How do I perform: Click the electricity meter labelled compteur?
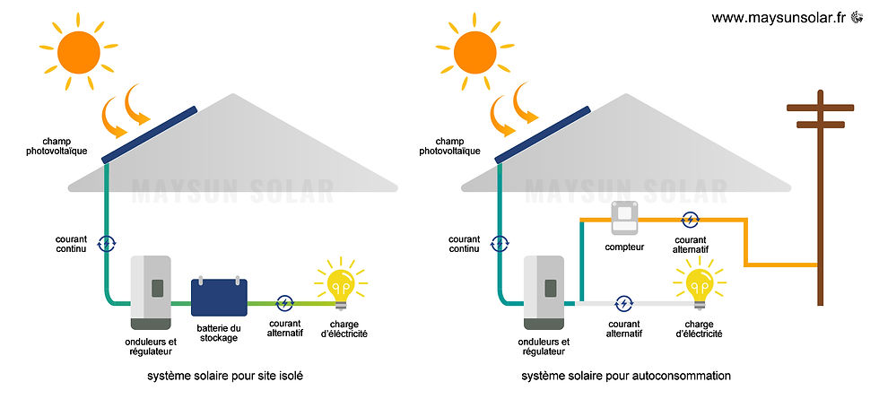coord(624,218)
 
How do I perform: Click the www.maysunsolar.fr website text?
coord(779,18)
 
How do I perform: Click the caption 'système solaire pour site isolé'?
coord(219,377)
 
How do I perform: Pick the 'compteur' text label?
coord(624,247)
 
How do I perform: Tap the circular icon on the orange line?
coord(690,219)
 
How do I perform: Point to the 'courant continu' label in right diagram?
coord(464,244)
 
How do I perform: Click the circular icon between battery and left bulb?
coord(284,303)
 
